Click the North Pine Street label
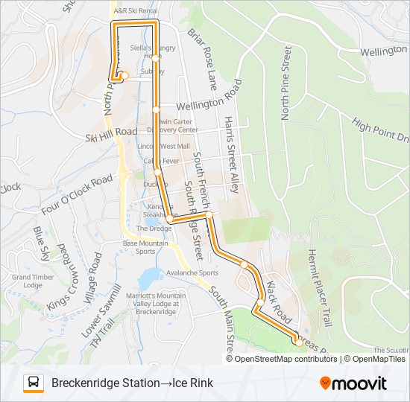click(285, 82)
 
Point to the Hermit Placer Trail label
click(318, 286)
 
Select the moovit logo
click(353, 383)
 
